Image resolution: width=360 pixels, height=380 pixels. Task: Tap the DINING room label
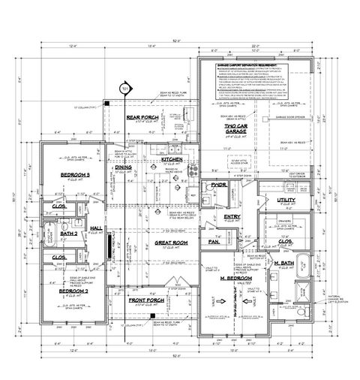(x=124, y=167)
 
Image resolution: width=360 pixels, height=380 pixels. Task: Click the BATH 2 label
(x=70, y=234)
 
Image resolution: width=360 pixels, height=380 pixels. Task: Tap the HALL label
(x=96, y=228)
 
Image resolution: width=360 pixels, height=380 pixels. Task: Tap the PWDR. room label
(x=218, y=184)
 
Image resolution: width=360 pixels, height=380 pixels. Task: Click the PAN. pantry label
(x=212, y=243)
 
